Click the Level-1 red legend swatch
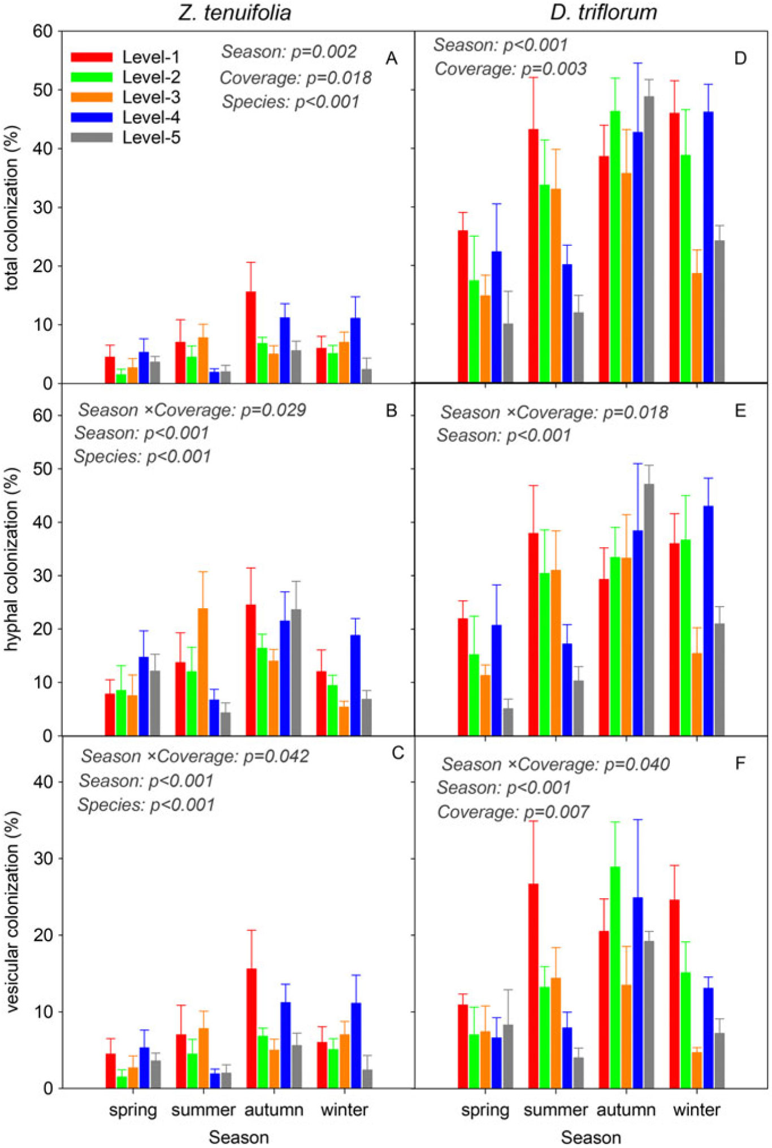(92, 57)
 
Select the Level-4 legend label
(151, 118)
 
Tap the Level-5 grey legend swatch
(92, 137)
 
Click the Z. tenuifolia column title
(235, 12)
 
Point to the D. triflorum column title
(604, 12)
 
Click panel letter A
(391, 58)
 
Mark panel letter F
(740, 764)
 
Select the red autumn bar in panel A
(251, 337)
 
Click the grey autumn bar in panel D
(649, 240)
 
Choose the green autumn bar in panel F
(615, 977)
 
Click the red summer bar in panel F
(533, 986)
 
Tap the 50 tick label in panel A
(42, 90)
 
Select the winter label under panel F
(696, 1110)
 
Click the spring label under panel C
(133, 1110)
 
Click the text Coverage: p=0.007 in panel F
(513, 812)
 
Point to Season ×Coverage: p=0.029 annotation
(192, 410)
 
